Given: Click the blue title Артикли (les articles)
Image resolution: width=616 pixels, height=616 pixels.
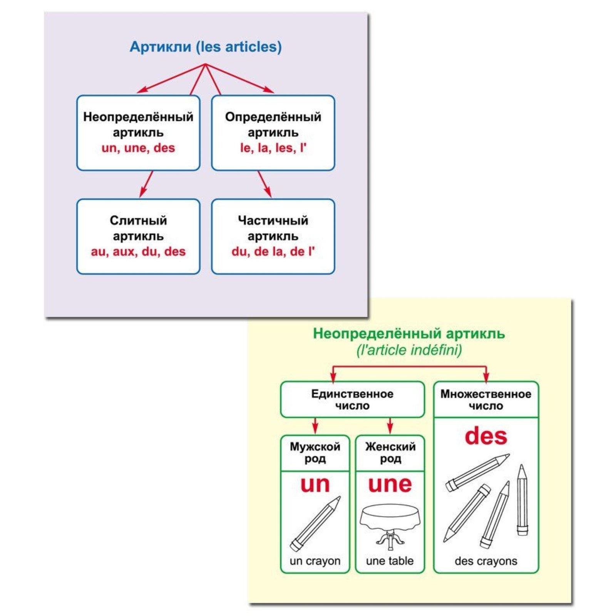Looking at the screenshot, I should (x=206, y=47).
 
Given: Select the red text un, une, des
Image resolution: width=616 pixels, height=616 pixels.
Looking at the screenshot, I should (x=138, y=148).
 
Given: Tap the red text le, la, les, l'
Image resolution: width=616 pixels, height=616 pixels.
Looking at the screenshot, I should (x=273, y=148).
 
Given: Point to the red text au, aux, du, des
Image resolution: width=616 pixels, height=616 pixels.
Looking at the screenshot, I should (x=138, y=251).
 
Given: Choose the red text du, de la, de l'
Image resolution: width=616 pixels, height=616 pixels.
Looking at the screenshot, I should (x=273, y=251).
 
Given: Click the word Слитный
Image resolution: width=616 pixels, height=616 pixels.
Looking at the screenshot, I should (x=138, y=221).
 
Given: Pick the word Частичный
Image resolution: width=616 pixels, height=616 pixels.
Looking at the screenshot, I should (x=273, y=221).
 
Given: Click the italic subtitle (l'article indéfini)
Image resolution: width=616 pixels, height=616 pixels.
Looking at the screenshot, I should (x=409, y=350).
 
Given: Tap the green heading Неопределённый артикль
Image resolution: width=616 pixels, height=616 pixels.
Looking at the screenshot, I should (x=409, y=333).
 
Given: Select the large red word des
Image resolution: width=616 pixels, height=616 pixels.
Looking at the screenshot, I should (x=486, y=437).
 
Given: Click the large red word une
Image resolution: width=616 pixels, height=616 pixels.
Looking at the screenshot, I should (x=390, y=484).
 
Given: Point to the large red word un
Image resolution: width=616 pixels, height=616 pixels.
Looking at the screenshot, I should (x=315, y=484).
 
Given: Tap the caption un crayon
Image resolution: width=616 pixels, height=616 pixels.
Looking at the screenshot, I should (x=315, y=561).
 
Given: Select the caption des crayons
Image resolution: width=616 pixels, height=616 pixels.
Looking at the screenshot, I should (x=486, y=561).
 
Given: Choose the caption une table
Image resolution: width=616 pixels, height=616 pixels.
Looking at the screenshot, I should (x=390, y=561).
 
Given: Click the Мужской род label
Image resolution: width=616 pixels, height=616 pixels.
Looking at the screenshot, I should (x=315, y=453).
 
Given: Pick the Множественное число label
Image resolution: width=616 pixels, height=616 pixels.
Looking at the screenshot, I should (x=486, y=400).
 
